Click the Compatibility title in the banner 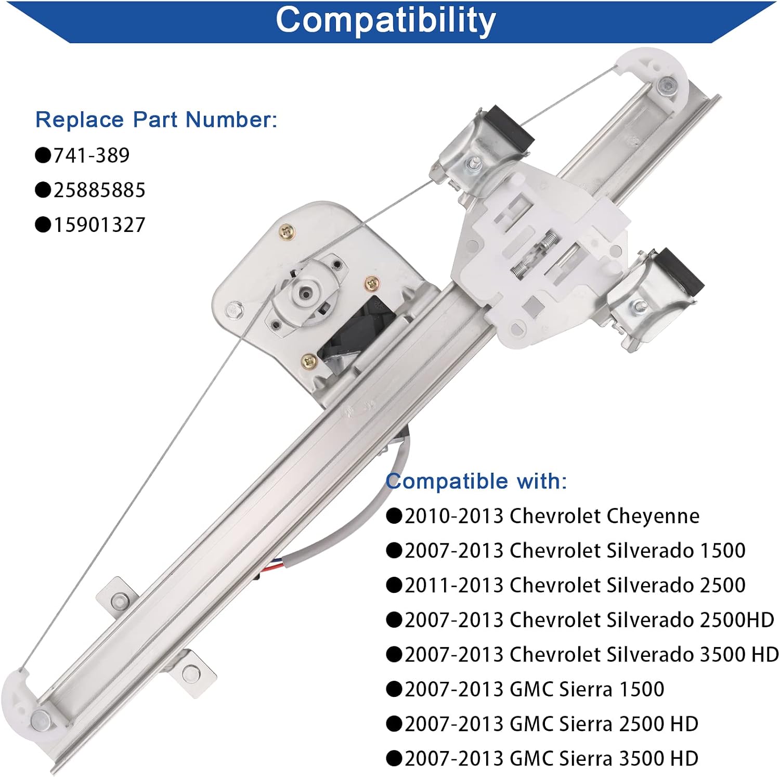385,21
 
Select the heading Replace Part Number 156,120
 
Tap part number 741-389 92,155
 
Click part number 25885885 99,190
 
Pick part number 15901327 99,225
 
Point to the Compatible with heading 476,481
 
